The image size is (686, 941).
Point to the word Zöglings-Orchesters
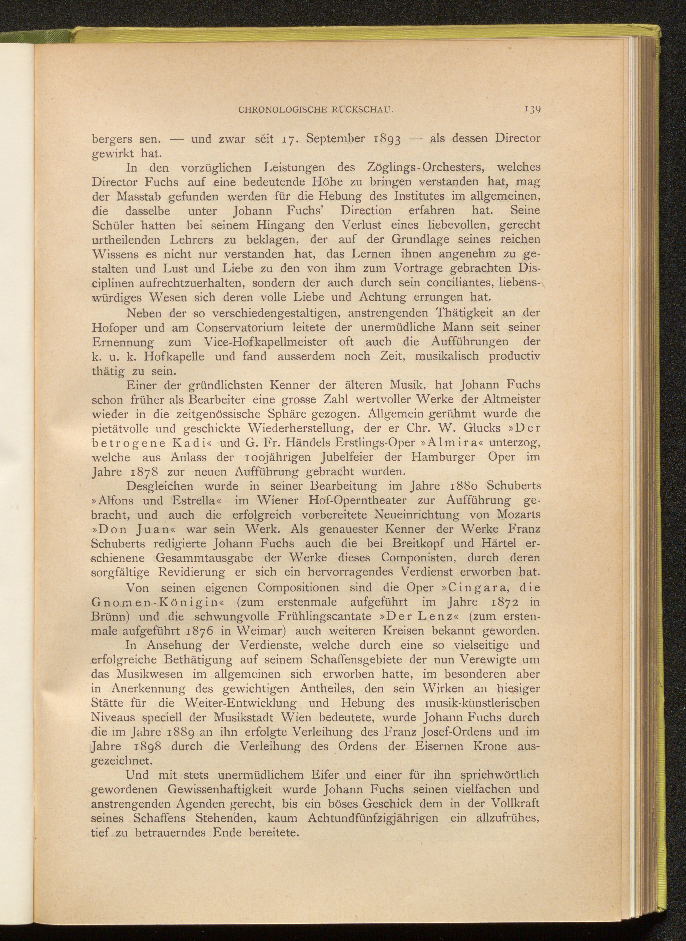[x=421, y=168]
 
